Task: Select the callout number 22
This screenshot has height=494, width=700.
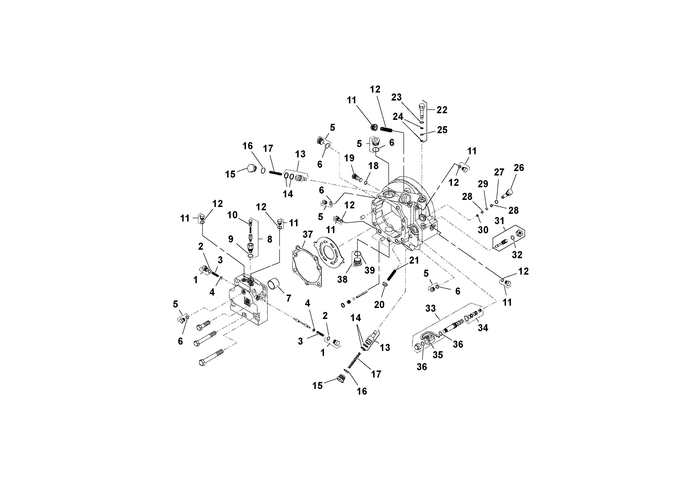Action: [442, 110]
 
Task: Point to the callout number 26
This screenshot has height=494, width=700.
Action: [519, 167]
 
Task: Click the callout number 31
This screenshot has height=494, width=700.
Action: [499, 221]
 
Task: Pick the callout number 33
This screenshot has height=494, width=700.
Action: [431, 308]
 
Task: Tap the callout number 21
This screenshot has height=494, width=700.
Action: [414, 261]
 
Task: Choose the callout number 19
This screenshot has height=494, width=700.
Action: [349, 158]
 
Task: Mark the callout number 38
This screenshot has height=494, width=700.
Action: [342, 279]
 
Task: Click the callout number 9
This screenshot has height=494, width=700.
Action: [231, 239]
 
